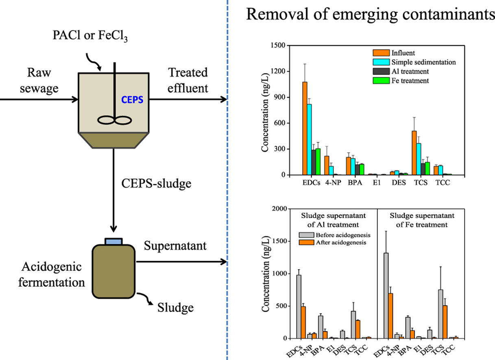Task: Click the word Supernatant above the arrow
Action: tap(175, 246)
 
